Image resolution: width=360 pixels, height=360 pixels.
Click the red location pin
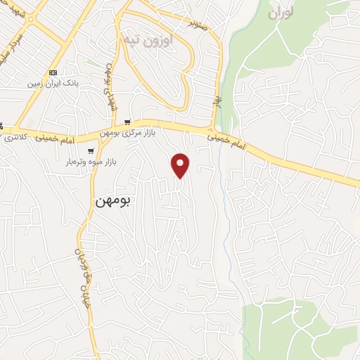pyautogui.click(x=181, y=165)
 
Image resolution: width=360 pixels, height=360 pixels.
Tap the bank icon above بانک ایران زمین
pyautogui.click(x=53, y=72)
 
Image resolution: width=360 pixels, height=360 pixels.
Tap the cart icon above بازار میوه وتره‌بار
pyautogui.click(x=91, y=151)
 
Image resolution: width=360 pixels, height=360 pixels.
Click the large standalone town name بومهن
pyautogui.click(x=114, y=200)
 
